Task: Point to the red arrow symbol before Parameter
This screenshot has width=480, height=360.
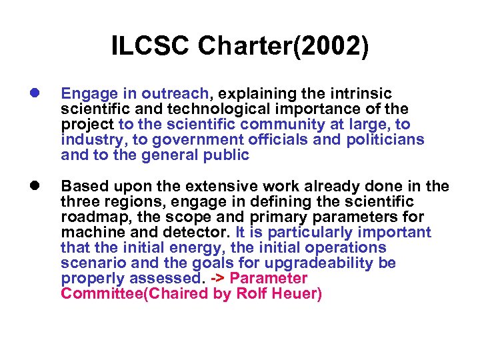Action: tap(217, 279)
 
